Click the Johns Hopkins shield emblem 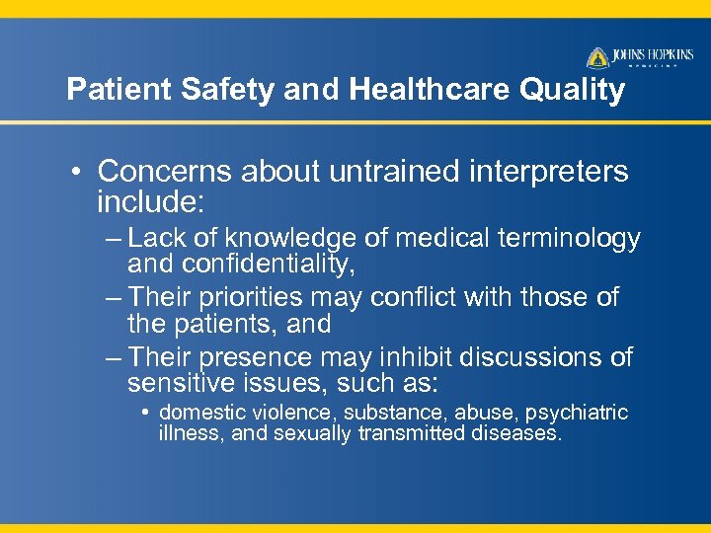click(597, 57)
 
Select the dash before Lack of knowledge click(112, 239)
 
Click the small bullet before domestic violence click(148, 413)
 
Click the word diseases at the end click(519, 433)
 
